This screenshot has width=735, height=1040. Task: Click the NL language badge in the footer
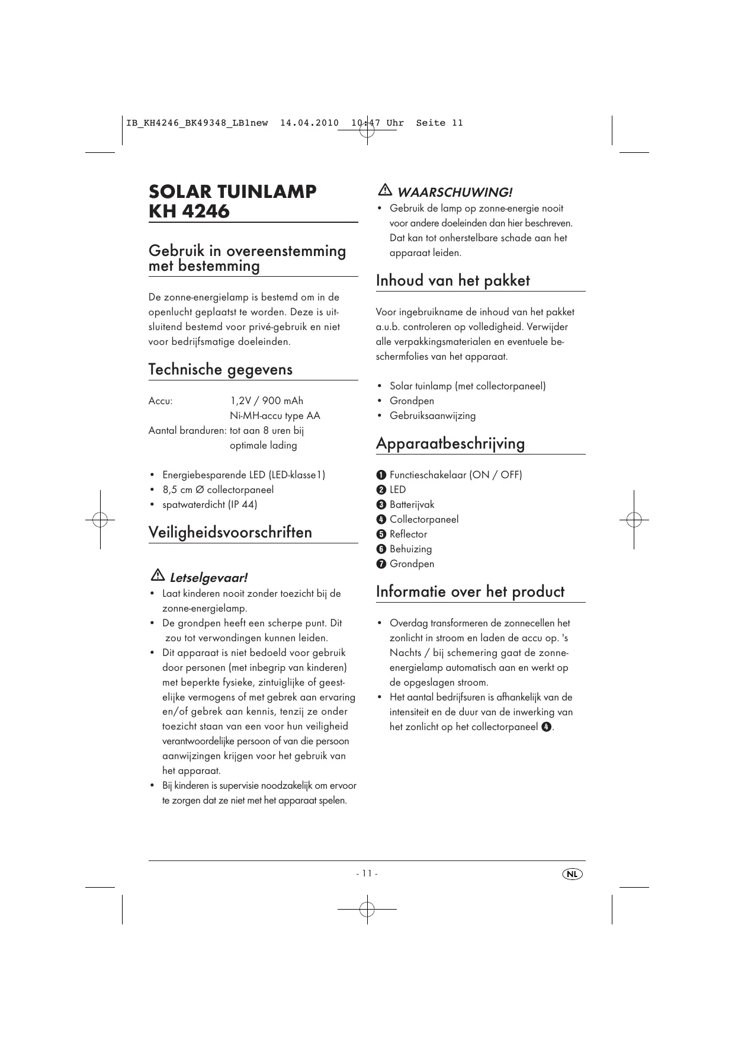pyautogui.click(x=572, y=874)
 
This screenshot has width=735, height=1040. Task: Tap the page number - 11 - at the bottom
pyautogui.click(x=367, y=873)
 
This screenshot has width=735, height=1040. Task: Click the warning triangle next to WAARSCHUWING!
pyautogui.click(x=384, y=190)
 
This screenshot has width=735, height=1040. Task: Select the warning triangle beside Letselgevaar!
pyautogui.click(x=158, y=575)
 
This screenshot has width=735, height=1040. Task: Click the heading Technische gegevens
pyautogui.click(x=220, y=370)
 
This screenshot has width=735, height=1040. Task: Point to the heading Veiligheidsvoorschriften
pyautogui.click(x=230, y=532)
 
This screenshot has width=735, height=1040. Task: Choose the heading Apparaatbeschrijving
pyautogui.click(x=450, y=444)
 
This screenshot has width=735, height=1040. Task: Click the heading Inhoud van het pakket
pyautogui.click(x=452, y=281)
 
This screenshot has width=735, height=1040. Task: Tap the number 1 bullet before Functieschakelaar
pyautogui.click(x=381, y=475)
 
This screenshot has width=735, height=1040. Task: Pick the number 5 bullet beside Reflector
pyautogui.click(x=381, y=535)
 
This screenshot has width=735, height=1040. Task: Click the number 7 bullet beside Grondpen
pyautogui.click(x=381, y=564)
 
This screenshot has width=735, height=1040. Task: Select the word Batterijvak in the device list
pyautogui.click(x=412, y=505)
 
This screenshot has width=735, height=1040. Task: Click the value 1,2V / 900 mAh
pyautogui.click(x=267, y=401)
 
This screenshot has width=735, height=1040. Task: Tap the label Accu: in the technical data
pyautogui.click(x=161, y=401)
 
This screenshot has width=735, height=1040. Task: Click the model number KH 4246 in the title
pyautogui.click(x=189, y=211)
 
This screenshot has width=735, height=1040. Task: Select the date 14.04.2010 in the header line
pyautogui.click(x=309, y=123)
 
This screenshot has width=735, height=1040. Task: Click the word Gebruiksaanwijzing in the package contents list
pyautogui.click(x=432, y=416)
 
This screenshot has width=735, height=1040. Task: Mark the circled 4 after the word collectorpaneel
pyautogui.click(x=545, y=727)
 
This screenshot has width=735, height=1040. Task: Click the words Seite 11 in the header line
pyautogui.click(x=439, y=123)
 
